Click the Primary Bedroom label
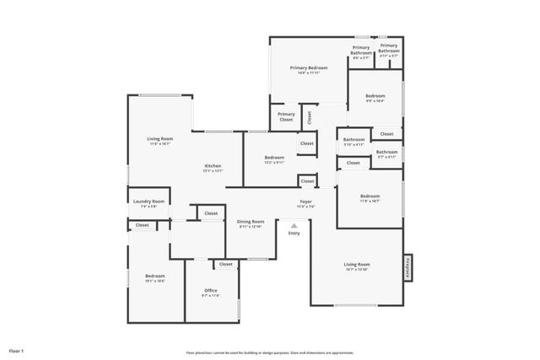pyautogui.click(x=308, y=69)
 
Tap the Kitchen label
pyautogui.click(x=213, y=168)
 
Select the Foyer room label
pyautogui.click(x=306, y=203)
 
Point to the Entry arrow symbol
pyautogui.click(x=294, y=226)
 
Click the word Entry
pyautogui.click(x=294, y=234)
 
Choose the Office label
pyautogui.click(x=210, y=293)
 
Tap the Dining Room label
pyautogui.click(x=251, y=223)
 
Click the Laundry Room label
pyautogui.click(x=149, y=203)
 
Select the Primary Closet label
pyautogui.click(x=286, y=117)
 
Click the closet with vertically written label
pyautogui.click(x=309, y=117)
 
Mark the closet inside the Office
pyautogui.click(x=225, y=264)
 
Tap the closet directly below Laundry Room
pyautogui.click(x=142, y=225)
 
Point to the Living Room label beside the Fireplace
pyautogui.click(x=359, y=266)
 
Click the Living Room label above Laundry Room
pyautogui.click(x=160, y=141)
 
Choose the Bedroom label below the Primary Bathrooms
pyautogui.click(x=375, y=99)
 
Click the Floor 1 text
pyautogui.click(x=17, y=350)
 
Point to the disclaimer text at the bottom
pyautogui.click(x=269, y=352)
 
